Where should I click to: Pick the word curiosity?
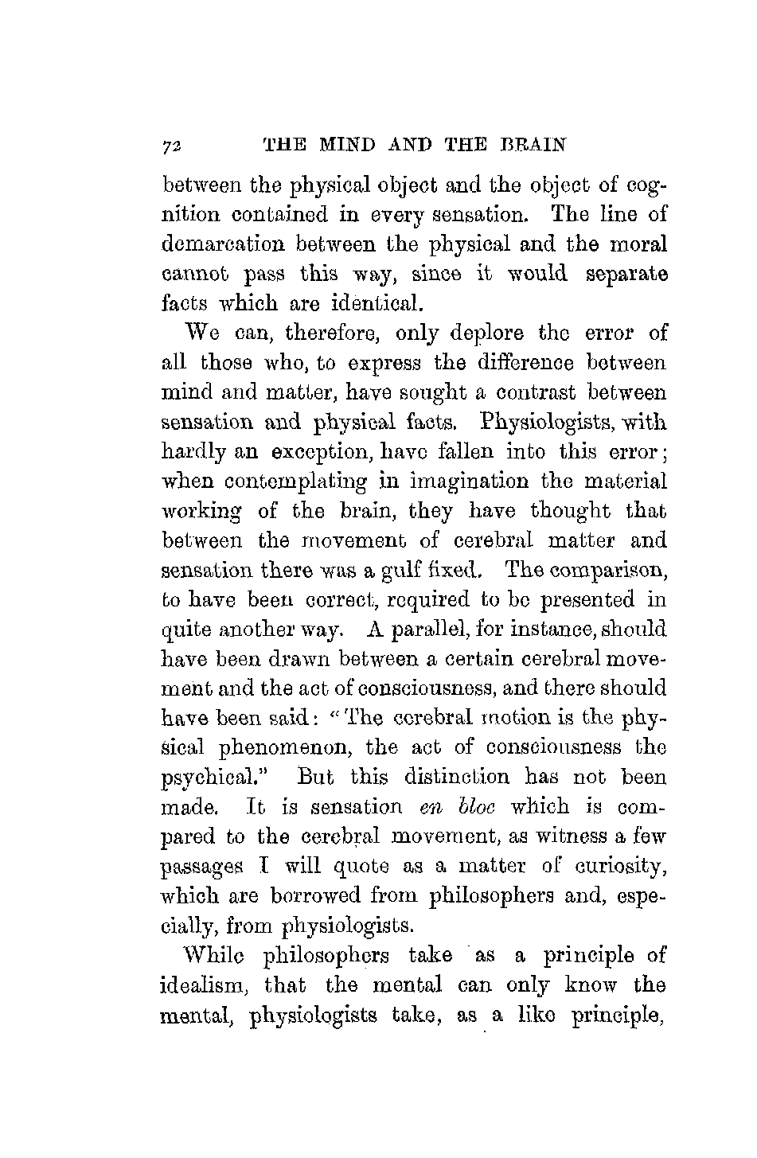pos(618,866)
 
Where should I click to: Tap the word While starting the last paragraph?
pos(206,954)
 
